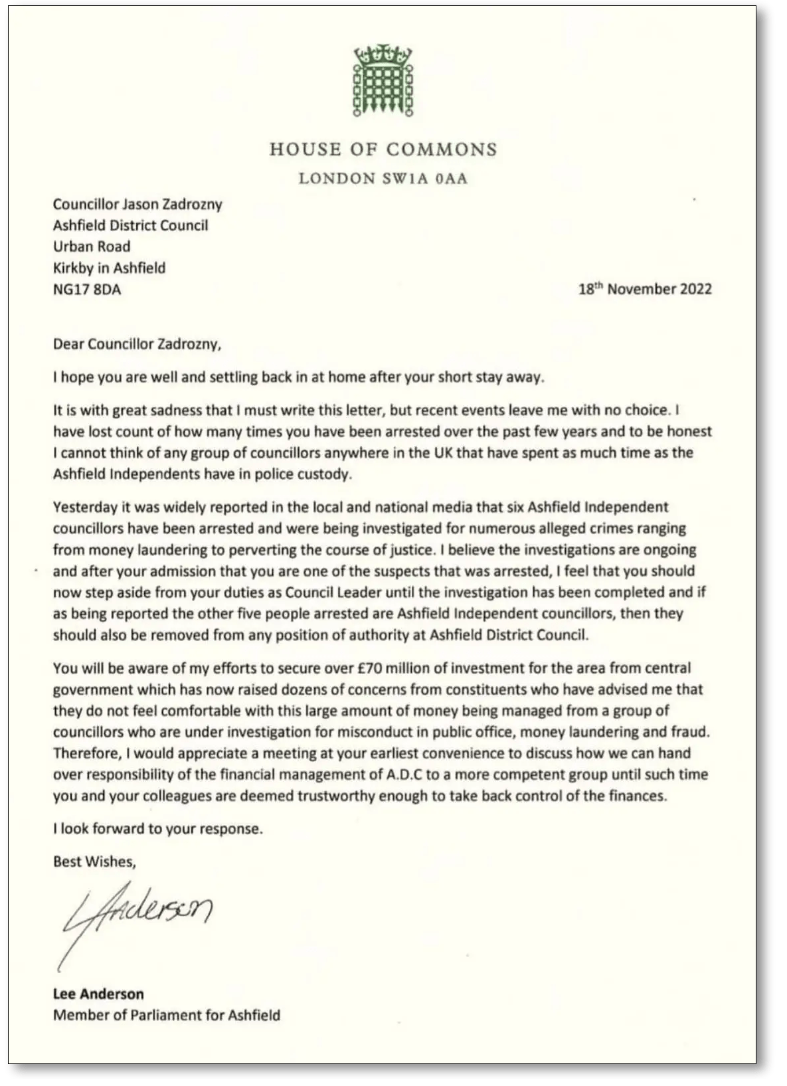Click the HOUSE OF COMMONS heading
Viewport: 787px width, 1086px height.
[383, 149]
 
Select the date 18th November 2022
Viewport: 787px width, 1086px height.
[645, 290]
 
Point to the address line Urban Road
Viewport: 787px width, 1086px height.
[92, 246]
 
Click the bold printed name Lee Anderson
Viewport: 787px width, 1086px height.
[98, 994]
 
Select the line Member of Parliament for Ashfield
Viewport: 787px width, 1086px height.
[167, 1015]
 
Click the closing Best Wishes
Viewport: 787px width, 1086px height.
[94, 861]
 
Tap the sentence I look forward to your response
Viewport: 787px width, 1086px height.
[158, 829]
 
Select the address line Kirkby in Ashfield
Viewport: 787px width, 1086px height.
[110, 268]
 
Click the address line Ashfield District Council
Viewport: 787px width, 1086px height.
[131, 225]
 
